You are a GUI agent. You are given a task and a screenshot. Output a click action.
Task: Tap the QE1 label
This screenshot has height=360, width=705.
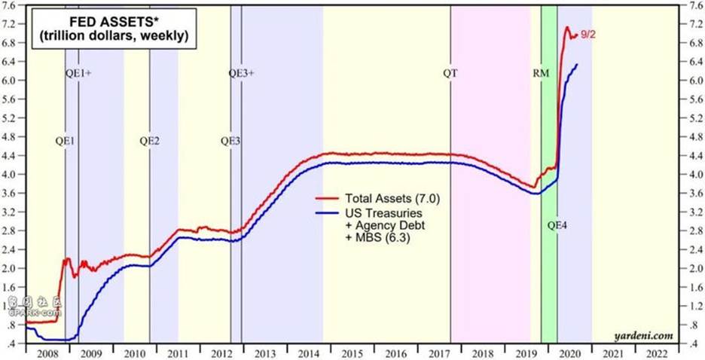click(65, 141)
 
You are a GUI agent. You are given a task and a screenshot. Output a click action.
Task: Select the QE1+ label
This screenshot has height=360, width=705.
click(78, 73)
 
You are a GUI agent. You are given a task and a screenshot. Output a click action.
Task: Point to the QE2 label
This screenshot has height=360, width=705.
click(149, 141)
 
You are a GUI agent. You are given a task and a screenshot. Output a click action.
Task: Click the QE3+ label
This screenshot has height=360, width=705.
click(241, 73)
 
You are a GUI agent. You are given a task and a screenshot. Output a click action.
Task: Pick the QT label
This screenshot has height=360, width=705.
click(450, 73)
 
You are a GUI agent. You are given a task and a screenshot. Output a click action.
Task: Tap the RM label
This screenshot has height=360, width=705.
click(541, 73)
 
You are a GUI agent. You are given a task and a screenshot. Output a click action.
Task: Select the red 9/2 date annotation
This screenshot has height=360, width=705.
click(588, 33)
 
